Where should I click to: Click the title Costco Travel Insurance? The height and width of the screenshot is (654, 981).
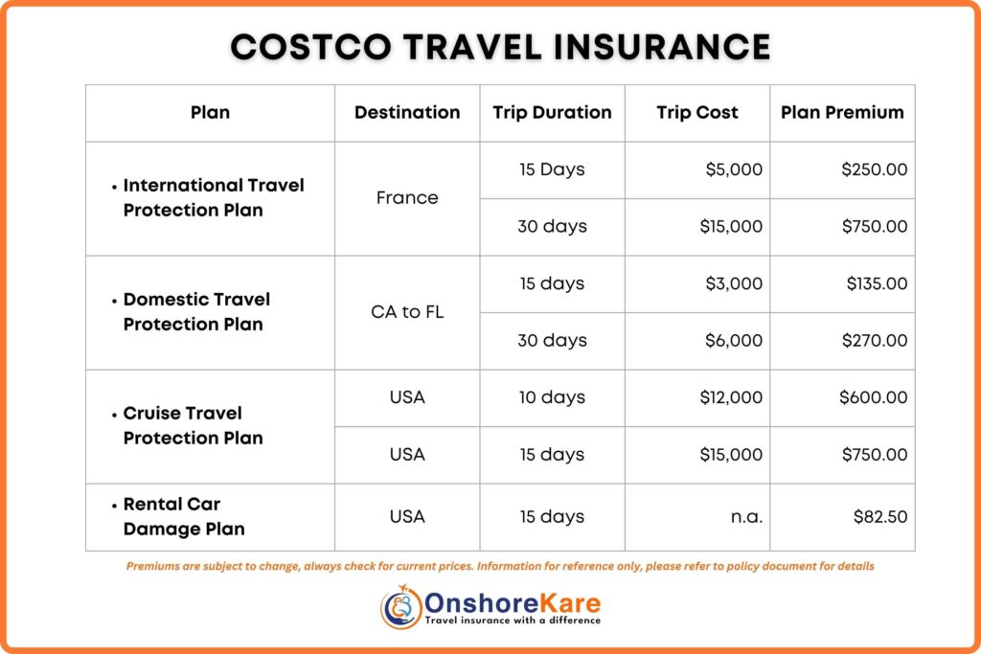[500, 47]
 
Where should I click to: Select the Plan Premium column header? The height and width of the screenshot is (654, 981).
[842, 112]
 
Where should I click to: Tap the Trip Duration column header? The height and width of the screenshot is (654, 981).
[552, 112]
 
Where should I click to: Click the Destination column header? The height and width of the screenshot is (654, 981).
[407, 112]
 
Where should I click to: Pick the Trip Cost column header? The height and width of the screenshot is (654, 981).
[697, 112]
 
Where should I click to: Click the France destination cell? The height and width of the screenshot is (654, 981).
[407, 198]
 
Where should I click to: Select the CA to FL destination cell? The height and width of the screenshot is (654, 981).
[407, 312]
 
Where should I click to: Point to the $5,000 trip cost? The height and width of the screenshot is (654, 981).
[734, 169]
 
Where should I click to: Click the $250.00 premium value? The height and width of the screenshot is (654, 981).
[874, 169]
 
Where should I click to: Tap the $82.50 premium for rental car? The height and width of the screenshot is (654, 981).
[880, 517]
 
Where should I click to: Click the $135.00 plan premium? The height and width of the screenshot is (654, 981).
[876, 283]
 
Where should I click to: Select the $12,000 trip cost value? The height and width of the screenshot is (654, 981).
[730, 397]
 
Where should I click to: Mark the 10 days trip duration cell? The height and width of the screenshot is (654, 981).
[552, 397]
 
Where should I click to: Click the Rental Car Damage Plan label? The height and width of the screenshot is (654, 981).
[183, 517]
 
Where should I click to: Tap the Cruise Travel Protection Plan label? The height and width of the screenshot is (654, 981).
[193, 426]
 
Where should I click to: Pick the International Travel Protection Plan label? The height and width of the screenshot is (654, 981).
[213, 198]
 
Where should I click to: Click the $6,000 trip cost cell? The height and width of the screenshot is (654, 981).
[733, 341]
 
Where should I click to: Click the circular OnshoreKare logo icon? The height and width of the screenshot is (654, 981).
[401, 608]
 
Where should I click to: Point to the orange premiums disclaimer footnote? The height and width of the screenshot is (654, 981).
[500, 566]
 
